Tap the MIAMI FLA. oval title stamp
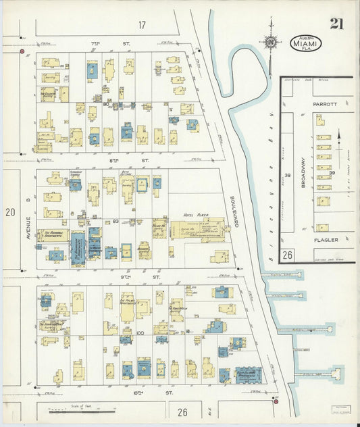point(307,43)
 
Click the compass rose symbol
point(270,41)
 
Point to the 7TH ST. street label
point(103,44)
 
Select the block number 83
point(115,221)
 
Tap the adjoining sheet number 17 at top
point(142,25)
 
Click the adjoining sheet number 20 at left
point(9,212)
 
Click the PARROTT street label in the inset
point(324,105)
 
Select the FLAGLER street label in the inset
point(326,240)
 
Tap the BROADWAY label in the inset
point(303,172)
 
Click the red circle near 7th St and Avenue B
point(22,51)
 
